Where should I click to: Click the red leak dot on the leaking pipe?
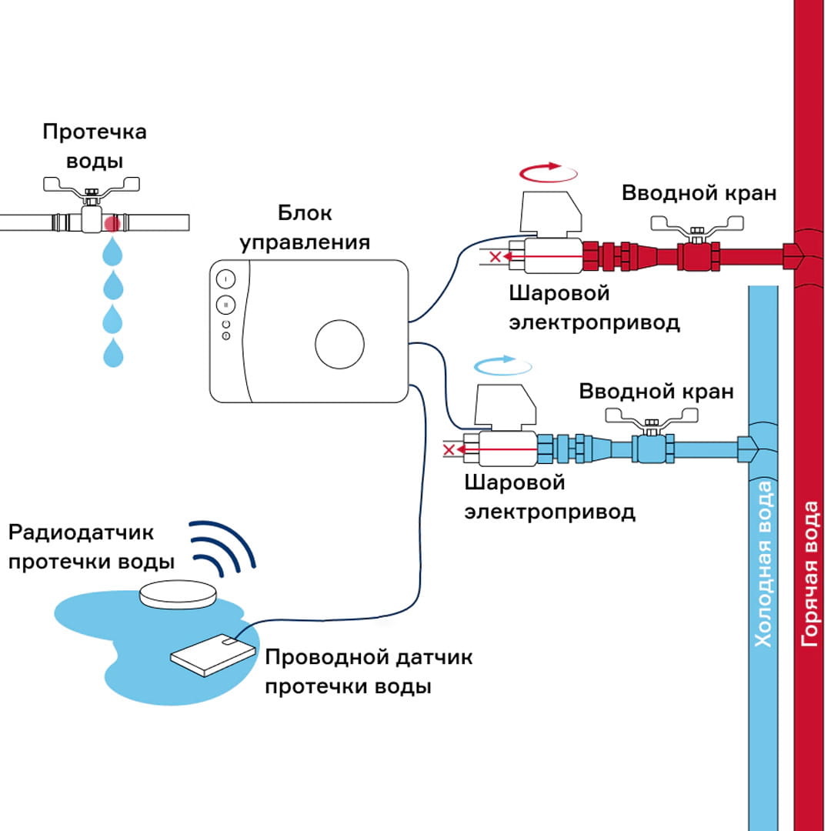(112, 223)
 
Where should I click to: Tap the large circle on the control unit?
(339, 345)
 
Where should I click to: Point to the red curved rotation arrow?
(548, 171)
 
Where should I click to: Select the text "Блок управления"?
(305, 228)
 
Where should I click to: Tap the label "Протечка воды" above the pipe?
(94, 146)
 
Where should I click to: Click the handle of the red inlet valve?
(698, 224)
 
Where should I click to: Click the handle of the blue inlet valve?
(653, 416)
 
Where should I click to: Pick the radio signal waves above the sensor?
(222, 548)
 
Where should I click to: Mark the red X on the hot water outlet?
(496, 256)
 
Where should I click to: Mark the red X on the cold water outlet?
(450, 449)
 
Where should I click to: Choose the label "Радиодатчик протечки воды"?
(91, 546)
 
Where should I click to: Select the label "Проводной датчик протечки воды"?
(368, 671)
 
